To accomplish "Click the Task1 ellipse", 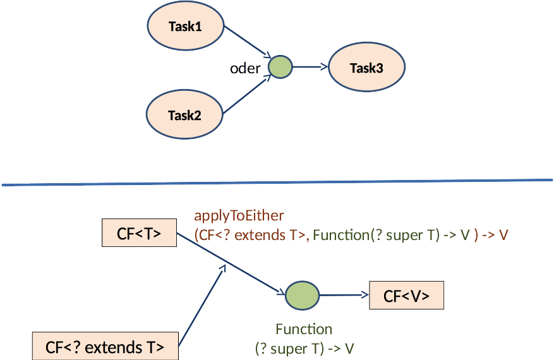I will [x=186, y=27].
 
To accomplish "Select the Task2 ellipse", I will [x=184, y=116].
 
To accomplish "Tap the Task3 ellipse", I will [x=366, y=68].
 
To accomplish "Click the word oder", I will [x=245, y=69].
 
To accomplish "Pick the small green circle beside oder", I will [x=280, y=66].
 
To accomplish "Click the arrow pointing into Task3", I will [x=310, y=66].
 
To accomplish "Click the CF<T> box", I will [x=139, y=234].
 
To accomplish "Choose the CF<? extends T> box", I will [x=105, y=347].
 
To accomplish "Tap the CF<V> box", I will [x=406, y=296].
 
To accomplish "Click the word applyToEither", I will [x=239, y=216].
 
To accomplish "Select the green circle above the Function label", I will [x=302, y=296].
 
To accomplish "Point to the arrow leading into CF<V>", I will [x=344, y=296].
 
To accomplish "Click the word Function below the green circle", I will [x=304, y=330].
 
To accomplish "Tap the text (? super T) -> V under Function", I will [x=304, y=348].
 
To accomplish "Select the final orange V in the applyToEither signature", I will [x=503, y=235].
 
